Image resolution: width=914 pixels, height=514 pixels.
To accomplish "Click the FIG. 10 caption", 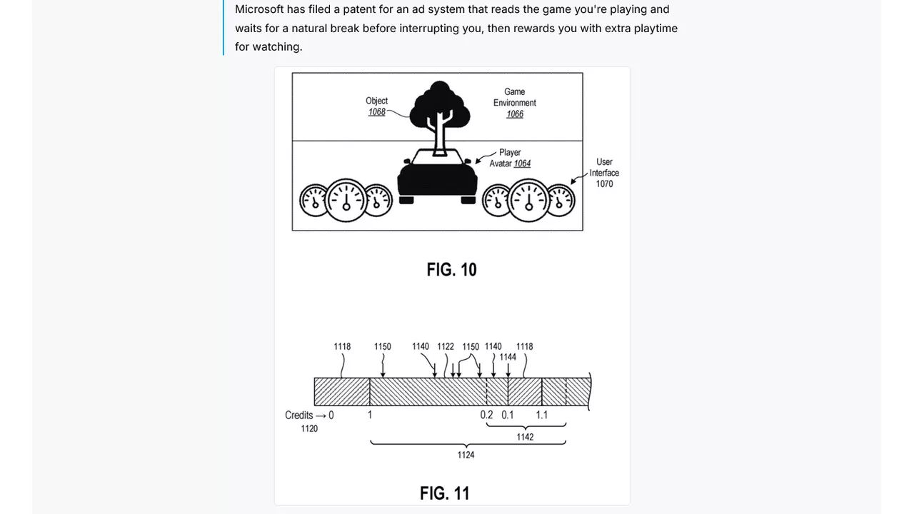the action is click(x=452, y=270).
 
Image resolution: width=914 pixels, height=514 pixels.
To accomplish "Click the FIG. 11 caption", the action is click(x=445, y=493).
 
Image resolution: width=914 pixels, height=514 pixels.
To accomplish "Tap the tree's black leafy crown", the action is click(x=439, y=104).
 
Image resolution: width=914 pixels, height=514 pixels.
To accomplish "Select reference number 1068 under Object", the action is click(x=376, y=112).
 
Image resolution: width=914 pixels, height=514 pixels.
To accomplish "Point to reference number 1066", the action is click(x=515, y=114).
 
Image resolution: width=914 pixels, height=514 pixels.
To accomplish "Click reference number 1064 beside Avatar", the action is click(x=522, y=163).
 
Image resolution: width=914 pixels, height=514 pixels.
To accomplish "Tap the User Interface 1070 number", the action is click(x=604, y=184).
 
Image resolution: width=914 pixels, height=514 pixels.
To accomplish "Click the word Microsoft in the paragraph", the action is click(x=259, y=9).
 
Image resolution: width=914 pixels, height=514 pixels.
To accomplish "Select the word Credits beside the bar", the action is click(x=298, y=415).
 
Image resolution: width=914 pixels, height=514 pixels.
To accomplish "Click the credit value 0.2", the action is click(x=486, y=415).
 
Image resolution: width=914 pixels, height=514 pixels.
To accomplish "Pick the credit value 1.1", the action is click(x=541, y=415).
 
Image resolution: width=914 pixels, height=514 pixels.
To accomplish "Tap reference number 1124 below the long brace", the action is click(x=466, y=455).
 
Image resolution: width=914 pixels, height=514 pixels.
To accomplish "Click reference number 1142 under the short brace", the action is click(x=525, y=438).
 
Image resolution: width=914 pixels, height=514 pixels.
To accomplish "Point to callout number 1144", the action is click(x=508, y=358).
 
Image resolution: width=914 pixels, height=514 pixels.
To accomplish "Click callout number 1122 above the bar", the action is click(x=446, y=347).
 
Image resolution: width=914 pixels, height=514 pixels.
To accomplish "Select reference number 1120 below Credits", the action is click(x=309, y=429).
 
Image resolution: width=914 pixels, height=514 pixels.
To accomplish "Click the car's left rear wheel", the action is click(x=406, y=200).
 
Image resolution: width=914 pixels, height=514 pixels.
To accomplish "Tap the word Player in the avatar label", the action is click(x=510, y=153).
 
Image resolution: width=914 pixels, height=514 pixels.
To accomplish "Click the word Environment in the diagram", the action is click(x=515, y=103).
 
